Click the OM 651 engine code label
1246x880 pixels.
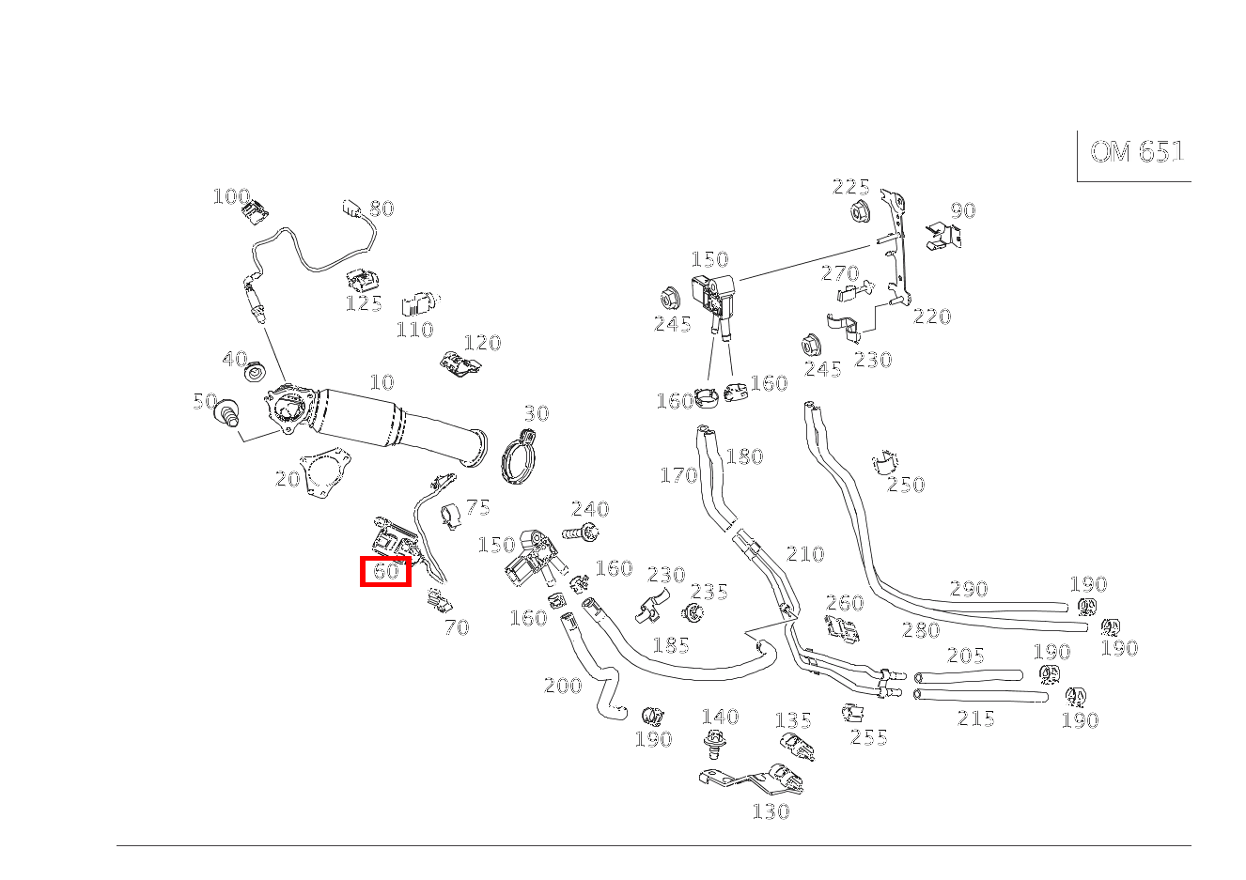tap(1136, 152)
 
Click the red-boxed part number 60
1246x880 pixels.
tap(386, 571)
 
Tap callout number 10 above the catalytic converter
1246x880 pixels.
tap(382, 382)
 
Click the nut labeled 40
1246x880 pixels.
tap(254, 373)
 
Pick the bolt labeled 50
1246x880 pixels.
tap(226, 412)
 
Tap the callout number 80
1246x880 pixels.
tap(382, 208)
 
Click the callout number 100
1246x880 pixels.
tap(231, 196)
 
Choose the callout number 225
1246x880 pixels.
tap(850, 187)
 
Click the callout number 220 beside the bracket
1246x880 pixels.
tap(932, 316)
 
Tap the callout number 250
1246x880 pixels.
tap(906, 485)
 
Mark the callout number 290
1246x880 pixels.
tap(969, 589)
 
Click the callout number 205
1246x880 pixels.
tap(966, 656)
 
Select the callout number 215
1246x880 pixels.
tap(976, 718)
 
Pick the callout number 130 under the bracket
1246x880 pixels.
tap(771, 811)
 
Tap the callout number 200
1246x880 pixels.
tap(563, 686)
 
